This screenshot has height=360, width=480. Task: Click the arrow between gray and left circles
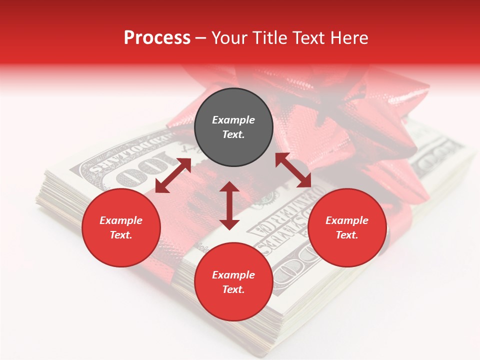[x=173, y=175]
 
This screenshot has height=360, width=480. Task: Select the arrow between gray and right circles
[x=293, y=170]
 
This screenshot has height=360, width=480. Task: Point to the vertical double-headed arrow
[x=229, y=205]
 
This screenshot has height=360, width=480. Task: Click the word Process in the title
[x=157, y=37]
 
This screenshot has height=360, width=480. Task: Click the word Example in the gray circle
[x=233, y=120]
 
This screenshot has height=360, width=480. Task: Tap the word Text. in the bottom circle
[x=233, y=289]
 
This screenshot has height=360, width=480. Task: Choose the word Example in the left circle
[x=121, y=220]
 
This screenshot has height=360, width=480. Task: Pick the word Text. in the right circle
[x=347, y=235]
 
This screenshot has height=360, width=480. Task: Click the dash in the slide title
[x=200, y=38]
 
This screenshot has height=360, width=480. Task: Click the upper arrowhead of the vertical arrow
[x=229, y=187]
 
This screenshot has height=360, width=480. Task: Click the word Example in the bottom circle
[x=233, y=275]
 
